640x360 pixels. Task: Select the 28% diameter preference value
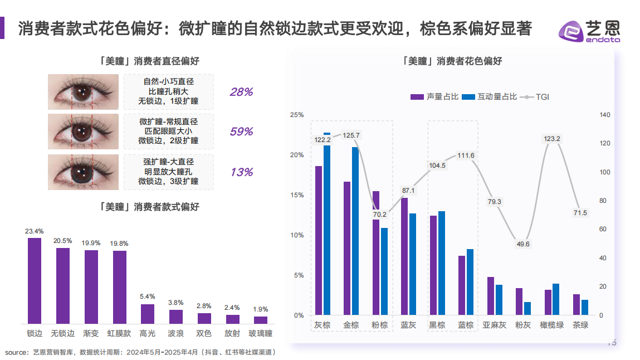click(x=241, y=92)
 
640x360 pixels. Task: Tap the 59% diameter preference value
click(x=241, y=132)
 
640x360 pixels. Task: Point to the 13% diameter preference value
click(x=241, y=172)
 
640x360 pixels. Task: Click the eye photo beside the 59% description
click(x=83, y=132)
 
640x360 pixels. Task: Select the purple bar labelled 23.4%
click(x=35, y=280)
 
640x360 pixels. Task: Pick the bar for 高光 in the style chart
click(x=147, y=313)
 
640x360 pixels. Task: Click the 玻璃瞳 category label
click(x=261, y=333)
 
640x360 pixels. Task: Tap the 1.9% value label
click(x=261, y=309)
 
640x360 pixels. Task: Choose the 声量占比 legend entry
click(x=434, y=97)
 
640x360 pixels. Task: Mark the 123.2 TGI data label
click(x=551, y=139)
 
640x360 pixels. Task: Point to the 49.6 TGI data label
click(x=523, y=244)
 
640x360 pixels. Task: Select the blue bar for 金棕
click(x=355, y=231)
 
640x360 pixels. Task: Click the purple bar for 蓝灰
click(x=404, y=256)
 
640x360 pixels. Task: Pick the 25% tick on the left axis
click(x=297, y=115)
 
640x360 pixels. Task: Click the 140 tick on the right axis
click(x=605, y=115)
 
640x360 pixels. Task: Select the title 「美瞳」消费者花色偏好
click(x=452, y=61)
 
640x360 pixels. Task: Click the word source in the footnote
click(x=17, y=352)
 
